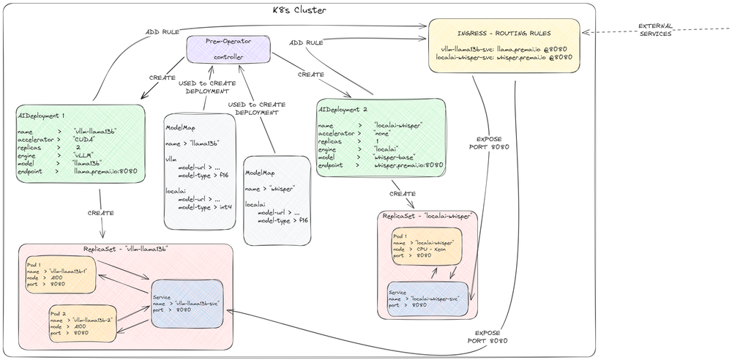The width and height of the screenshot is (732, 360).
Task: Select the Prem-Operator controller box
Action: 228,49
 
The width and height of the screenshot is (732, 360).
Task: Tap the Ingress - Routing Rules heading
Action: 504,33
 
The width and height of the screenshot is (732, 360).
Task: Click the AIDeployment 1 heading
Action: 42,116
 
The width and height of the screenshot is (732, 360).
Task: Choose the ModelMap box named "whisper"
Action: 276,199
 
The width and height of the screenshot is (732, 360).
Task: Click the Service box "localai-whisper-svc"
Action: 427,300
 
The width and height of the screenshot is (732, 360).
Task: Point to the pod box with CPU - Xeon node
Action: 427,248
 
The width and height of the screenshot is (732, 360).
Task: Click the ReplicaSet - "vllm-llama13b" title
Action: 126,249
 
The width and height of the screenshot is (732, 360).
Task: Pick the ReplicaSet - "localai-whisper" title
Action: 427,216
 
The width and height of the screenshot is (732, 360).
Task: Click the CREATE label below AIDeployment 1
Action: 101,213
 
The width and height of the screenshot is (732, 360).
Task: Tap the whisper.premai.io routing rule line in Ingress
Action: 504,55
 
